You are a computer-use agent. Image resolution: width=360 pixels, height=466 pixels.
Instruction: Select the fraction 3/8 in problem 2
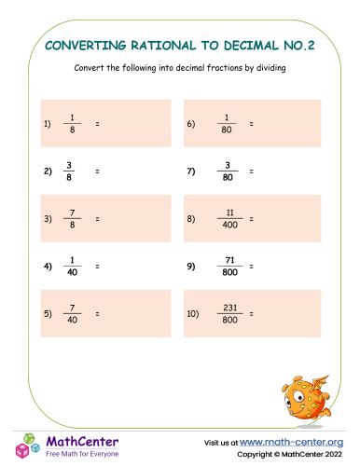(x=69, y=171)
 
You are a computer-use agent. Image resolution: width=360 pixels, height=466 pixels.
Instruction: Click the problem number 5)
(x=47, y=313)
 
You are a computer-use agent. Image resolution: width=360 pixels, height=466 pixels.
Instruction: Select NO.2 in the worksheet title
(x=298, y=44)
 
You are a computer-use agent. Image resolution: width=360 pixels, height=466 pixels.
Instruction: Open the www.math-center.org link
(x=292, y=442)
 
